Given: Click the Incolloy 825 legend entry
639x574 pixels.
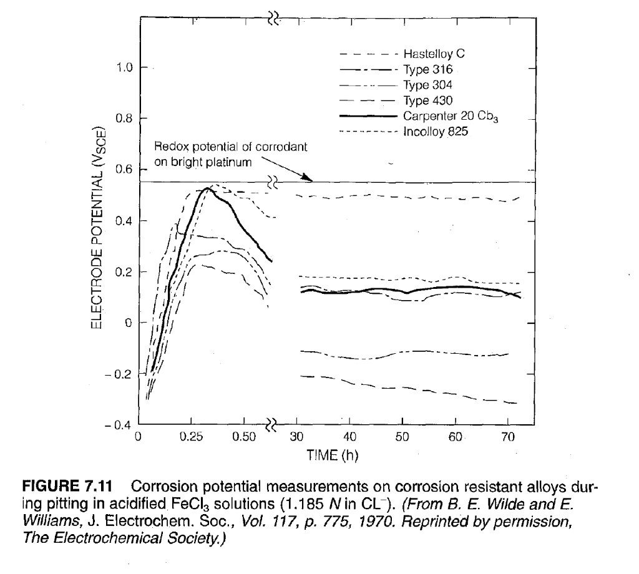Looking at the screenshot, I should pos(432,132).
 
